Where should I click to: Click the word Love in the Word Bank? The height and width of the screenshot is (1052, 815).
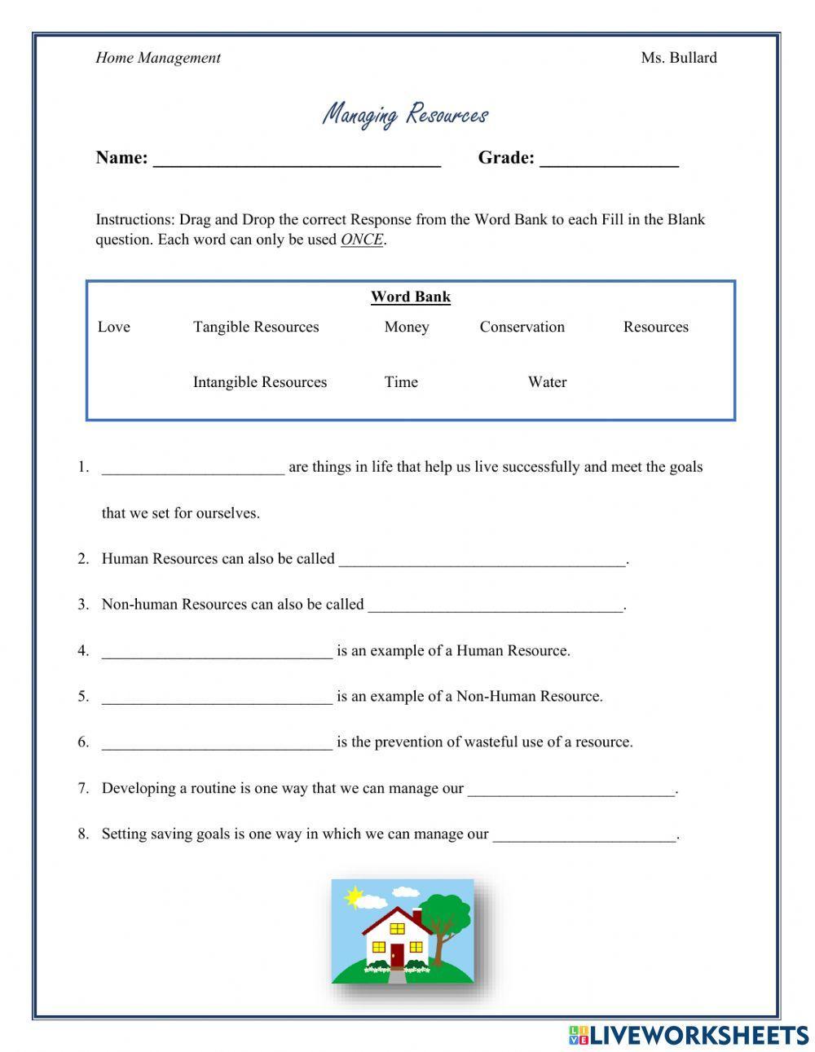click(113, 327)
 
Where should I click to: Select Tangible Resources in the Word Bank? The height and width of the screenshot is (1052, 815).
click(256, 327)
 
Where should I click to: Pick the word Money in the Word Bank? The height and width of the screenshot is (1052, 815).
click(407, 327)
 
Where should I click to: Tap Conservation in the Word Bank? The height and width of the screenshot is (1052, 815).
click(522, 327)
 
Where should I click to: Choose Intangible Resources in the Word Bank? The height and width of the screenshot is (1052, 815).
click(259, 382)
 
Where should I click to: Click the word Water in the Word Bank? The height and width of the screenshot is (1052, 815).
click(547, 382)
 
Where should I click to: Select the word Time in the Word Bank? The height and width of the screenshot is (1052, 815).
click(401, 382)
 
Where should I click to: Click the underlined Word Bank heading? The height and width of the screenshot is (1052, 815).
click(410, 297)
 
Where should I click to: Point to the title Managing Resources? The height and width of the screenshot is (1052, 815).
click(405, 114)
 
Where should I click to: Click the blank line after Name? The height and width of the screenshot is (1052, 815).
click(297, 160)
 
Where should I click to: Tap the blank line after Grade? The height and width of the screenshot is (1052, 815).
click(609, 160)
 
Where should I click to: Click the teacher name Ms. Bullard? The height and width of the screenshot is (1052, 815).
click(678, 58)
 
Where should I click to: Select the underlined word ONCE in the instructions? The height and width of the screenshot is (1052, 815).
click(362, 240)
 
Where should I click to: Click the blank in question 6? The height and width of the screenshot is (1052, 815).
click(217, 743)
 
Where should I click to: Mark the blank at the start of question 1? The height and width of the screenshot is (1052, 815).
click(193, 469)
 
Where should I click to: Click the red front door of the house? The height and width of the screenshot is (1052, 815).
click(397, 954)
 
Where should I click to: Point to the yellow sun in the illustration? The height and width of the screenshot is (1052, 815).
click(354, 897)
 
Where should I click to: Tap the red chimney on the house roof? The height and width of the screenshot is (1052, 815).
click(417, 915)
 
